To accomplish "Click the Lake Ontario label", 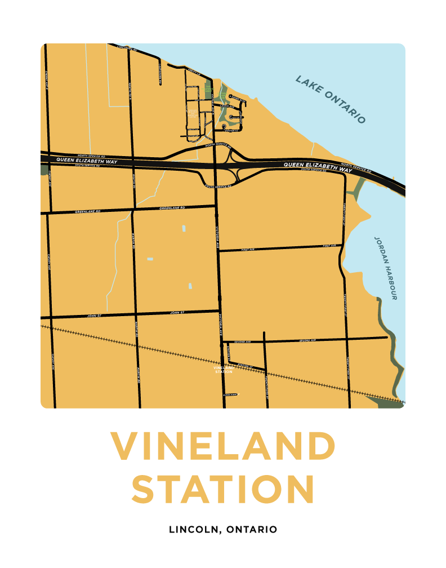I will pos(331,99).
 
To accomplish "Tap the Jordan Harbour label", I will pos(386,268).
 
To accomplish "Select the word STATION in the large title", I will pos(222,489).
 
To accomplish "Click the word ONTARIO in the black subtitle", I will pos(252,530).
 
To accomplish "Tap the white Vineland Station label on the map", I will pos(224,370).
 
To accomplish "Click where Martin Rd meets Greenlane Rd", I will pos(133,210).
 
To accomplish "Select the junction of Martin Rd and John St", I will pos(136,313).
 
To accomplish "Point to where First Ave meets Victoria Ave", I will pos(218,251).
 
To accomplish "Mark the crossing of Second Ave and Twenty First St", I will pos(347,339).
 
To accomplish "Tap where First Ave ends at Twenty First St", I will pos(342,246).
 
